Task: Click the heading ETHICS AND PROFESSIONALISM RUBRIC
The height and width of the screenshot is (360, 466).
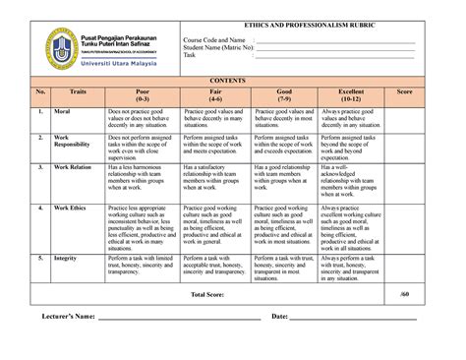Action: tap(301, 24)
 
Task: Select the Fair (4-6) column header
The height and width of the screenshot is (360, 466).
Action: tap(215, 95)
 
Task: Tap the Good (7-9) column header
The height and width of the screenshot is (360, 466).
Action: tap(285, 95)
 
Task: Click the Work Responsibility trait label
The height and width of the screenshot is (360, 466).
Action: tap(70, 142)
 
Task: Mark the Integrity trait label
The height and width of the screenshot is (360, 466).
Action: tap(65, 258)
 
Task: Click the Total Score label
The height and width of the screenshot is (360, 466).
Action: tap(211, 294)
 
